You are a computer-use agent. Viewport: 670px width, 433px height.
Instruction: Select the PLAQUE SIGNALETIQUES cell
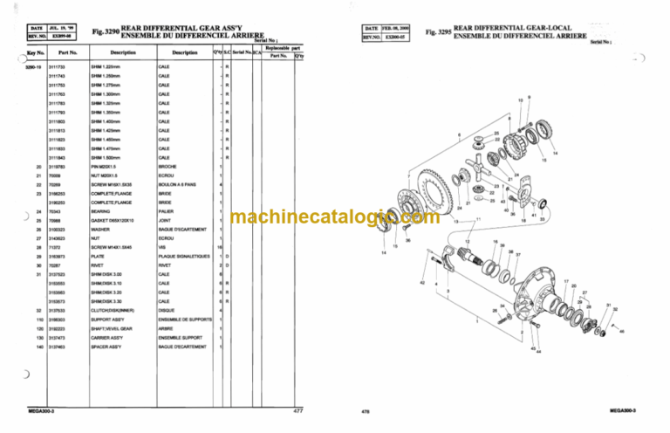click(181, 257)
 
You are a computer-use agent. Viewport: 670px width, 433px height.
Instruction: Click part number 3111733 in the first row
click(59, 67)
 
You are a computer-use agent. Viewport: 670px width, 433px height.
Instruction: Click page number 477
click(297, 409)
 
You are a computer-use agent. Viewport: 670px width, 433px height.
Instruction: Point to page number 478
click(366, 410)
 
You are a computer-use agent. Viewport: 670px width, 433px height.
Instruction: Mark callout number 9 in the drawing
click(529, 96)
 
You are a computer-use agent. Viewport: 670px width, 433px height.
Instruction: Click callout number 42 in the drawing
click(422, 284)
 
